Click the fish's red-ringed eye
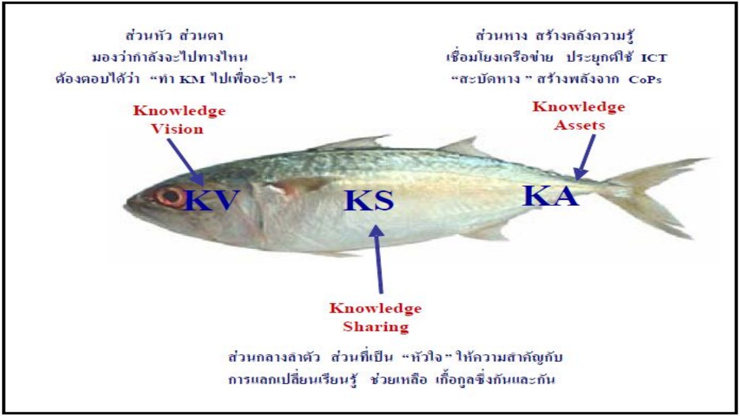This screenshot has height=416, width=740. pyautogui.click(x=171, y=197)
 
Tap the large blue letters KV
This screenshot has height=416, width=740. pyautogui.click(x=212, y=200)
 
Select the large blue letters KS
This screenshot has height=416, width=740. pyautogui.click(x=369, y=200)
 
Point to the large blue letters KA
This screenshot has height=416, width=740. pyautogui.click(x=550, y=195)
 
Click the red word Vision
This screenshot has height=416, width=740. pyautogui.click(x=177, y=129)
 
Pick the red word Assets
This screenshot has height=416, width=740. pyautogui.click(x=579, y=125)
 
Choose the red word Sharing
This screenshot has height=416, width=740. pyautogui.click(x=376, y=326)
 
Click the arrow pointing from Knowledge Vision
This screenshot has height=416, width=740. pyautogui.click(x=186, y=162)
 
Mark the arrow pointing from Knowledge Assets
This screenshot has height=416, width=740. pyautogui.click(x=584, y=157)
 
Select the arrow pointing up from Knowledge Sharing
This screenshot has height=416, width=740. pyautogui.click(x=379, y=259)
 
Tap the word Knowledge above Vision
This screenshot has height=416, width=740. pyautogui.click(x=179, y=110)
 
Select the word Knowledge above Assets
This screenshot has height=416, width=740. pyautogui.click(x=579, y=107)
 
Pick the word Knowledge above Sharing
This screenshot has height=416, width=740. pyautogui.click(x=376, y=308)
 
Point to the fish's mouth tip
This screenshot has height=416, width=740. pyautogui.click(x=125, y=207)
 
